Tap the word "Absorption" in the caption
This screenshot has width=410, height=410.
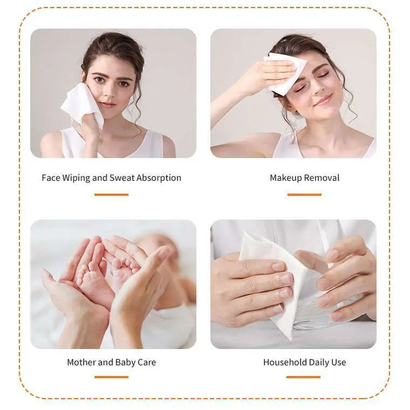click(x=159, y=177)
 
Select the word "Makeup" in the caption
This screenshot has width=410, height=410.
click(x=285, y=177)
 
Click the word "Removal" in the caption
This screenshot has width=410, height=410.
click(x=322, y=177)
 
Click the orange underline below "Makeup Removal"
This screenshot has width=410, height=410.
click(x=304, y=194)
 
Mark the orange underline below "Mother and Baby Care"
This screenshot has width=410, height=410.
click(x=111, y=377)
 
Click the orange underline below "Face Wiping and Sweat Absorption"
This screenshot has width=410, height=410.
click(x=111, y=194)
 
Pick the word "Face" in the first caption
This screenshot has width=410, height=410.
click(x=50, y=177)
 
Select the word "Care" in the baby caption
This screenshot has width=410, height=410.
click(x=146, y=362)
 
